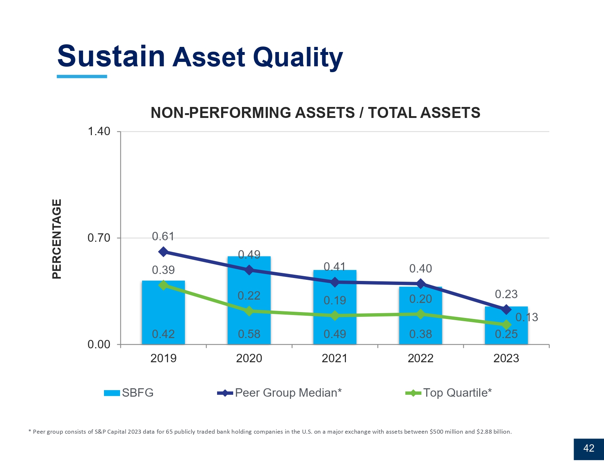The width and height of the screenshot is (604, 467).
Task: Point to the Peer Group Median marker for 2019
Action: click(x=163, y=252)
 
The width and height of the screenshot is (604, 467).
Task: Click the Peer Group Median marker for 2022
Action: click(x=421, y=283)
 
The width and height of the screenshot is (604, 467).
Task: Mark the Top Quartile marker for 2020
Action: click(x=249, y=311)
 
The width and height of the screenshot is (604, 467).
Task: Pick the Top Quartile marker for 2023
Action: click(x=506, y=325)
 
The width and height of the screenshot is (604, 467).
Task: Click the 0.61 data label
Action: click(x=163, y=237)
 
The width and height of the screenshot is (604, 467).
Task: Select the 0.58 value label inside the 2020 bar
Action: click(x=249, y=334)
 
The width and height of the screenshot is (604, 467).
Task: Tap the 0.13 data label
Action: click(x=527, y=317)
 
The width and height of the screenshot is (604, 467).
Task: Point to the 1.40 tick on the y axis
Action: click(x=99, y=131)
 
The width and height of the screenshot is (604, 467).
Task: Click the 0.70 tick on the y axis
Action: click(x=99, y=238)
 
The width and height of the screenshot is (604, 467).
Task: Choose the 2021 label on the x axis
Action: click(x=335, y=358)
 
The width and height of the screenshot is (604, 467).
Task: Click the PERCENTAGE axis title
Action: click(x=57, y=239)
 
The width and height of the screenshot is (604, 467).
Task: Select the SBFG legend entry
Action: click(x=129, y=393)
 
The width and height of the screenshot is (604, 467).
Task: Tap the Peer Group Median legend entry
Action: click(x=280, y=393)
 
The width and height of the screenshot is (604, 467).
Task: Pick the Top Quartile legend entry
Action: click(x=449, y=393)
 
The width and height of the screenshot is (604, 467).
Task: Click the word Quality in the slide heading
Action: click(x=298, y=58)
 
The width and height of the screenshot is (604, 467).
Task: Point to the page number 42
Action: click(x=589, y=448)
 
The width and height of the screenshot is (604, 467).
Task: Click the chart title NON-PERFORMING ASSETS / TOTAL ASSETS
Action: click(x=315, y=112)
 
